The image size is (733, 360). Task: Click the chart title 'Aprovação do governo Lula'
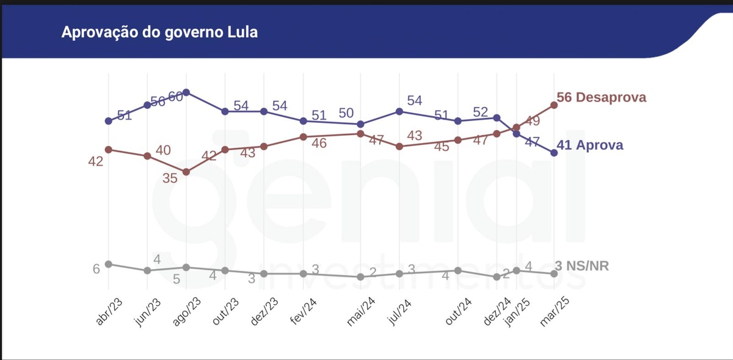tap(159, 32)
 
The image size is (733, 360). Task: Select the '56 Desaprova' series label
tap(601, 97)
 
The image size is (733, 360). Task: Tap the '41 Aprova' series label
tap(589, 145)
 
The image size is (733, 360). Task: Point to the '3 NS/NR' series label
tap(582, 266)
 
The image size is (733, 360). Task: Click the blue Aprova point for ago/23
tap(186, 92)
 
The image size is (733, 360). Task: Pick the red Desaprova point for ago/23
tap(186, 172)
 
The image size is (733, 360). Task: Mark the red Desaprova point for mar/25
tap(554, 105)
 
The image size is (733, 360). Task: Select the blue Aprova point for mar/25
tap(554, 153)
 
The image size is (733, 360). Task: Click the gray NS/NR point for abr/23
tap(108, 264)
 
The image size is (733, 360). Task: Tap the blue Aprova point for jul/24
tap(399, 111)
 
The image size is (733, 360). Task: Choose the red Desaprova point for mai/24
tap(360, 133)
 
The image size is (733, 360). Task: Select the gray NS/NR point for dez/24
tap(497, 277)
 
